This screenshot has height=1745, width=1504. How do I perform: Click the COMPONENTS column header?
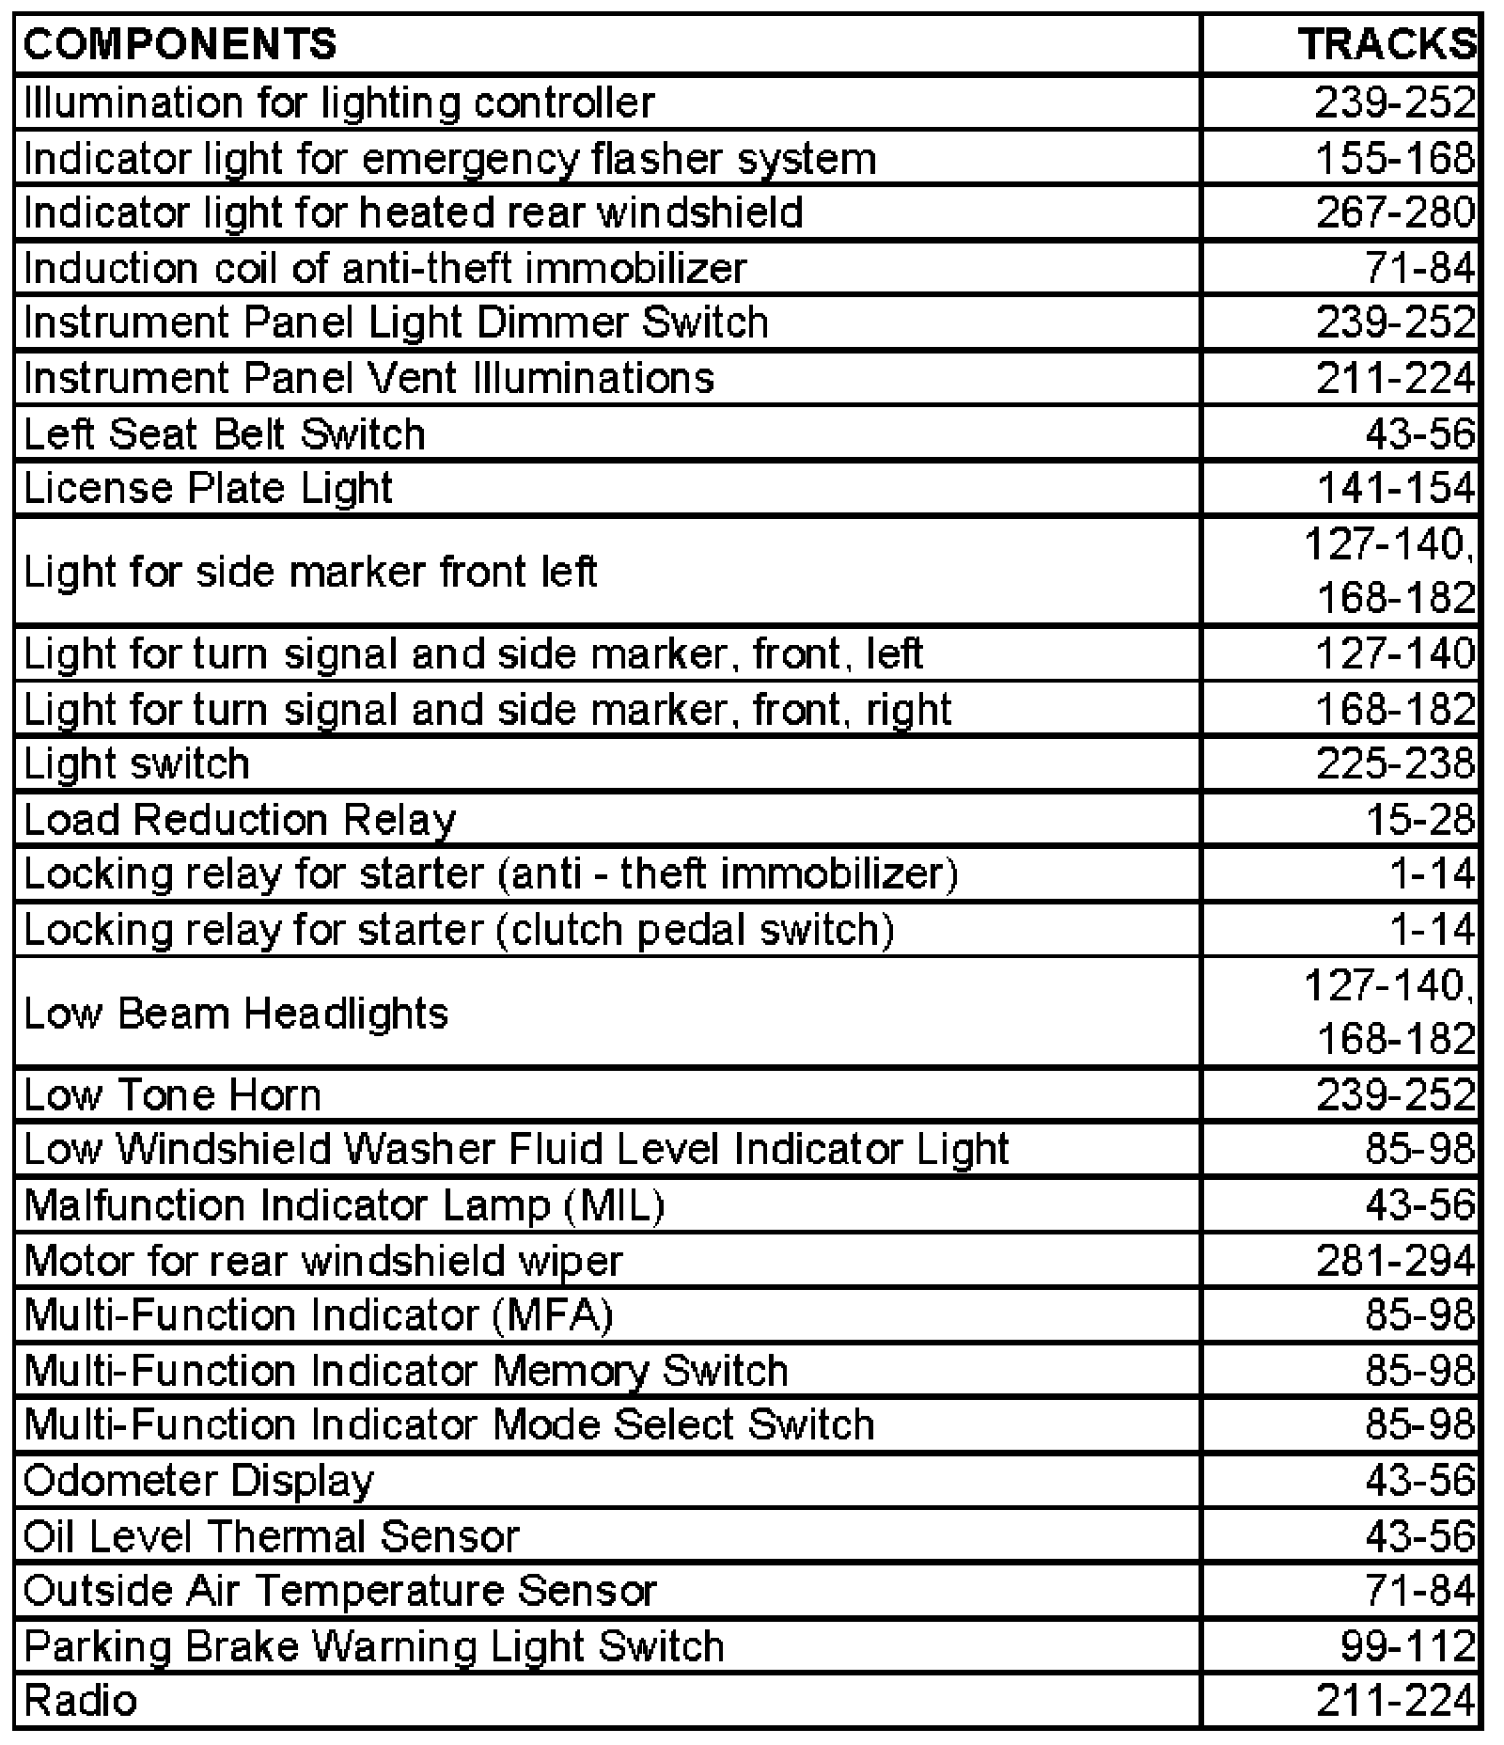pos(180,45)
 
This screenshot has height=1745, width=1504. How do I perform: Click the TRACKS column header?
pos(1387,45)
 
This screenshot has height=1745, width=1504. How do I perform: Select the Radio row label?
pos(81,1701)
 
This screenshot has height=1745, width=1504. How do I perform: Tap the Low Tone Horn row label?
pos(172,1095)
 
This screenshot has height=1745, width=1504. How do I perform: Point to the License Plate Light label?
pos(208,489)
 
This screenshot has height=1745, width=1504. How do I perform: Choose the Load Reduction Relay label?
pos(240,820)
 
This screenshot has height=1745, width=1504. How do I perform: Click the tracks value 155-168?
pos(1395,158)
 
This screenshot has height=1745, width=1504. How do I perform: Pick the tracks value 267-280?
pos(1395,212)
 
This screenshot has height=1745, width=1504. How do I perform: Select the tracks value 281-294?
pos(1395,1261)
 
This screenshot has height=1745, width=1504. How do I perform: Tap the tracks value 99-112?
pos(1408,1646)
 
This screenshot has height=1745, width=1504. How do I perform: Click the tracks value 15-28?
pos(1420,820)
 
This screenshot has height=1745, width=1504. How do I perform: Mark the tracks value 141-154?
pos(1395,489)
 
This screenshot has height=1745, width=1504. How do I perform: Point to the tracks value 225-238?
pos(1395,763)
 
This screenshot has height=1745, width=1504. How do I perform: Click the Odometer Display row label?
pos(198,1481)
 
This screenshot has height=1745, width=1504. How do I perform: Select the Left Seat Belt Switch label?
pos(225,434)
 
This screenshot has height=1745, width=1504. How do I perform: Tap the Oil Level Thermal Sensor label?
pos(271,1536)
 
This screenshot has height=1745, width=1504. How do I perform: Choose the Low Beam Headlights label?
pos(236,1014)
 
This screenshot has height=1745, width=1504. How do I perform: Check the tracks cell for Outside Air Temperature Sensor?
pos(1420,1591)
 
